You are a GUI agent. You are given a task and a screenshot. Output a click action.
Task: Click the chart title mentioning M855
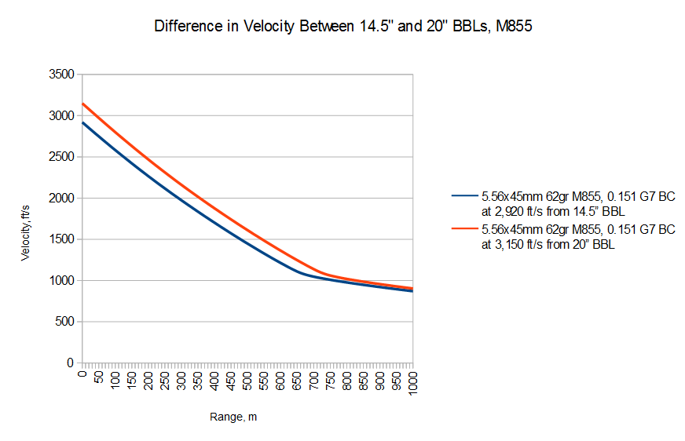[x=344, y=26]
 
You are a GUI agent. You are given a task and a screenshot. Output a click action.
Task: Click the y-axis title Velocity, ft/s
[x=27, y=219]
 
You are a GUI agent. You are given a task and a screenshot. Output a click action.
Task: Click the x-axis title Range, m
[x=233, y=417]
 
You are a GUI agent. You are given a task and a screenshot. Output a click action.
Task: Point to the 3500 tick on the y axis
[x=60, y=75]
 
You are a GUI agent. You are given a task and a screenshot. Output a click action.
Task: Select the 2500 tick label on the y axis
[x=60, y=157]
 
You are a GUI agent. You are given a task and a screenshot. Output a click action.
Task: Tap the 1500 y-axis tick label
[x=60, y=239]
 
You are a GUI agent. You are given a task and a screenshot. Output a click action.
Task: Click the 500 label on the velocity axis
[x=64, y=322]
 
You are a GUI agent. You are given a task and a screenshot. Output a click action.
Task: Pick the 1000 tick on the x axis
[x=413, y=383]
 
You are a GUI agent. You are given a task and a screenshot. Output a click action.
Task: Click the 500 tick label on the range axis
[x=247, y=380]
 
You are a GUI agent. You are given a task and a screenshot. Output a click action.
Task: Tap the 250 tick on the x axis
[x=165, y=380]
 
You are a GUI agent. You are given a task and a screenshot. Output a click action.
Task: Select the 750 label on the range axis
[x=330, y=380]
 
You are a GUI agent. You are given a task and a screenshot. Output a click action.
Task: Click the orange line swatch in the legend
[x=463, y=229]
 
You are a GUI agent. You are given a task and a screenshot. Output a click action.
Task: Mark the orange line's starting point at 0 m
[x=82, y=104]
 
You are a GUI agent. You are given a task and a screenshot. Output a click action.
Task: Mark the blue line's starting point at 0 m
[x=82, y=122]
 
